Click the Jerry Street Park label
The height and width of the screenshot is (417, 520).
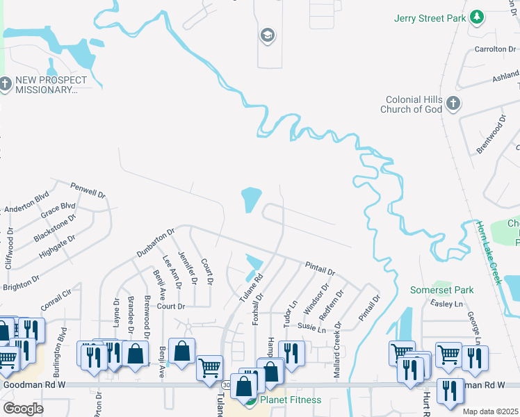point(429,18)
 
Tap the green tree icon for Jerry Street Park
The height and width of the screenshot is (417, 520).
point(476,17)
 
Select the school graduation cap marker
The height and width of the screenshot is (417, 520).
point(266,35)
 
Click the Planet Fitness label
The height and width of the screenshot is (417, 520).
point(291,400)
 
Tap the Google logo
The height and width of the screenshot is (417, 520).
point(23,409)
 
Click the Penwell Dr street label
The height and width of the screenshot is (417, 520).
point(88,189)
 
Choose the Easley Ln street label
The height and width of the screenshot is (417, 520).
point(447,304)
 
